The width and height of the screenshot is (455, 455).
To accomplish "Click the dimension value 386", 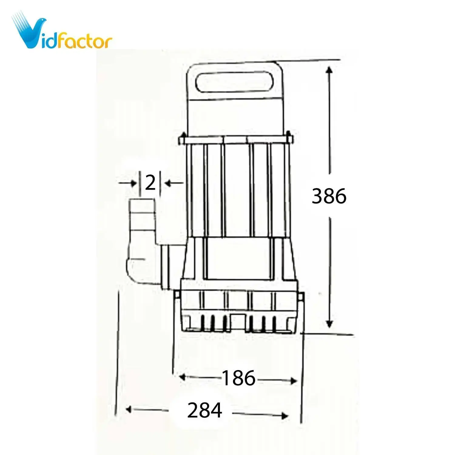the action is pyautogui.click(x=329, y=196).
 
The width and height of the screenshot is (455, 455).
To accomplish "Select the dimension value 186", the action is pyautogui.click(x=239, y=378).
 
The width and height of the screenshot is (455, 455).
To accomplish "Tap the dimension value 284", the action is pyautogui.click(x=204, y=410).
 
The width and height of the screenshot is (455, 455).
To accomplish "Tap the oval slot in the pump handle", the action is pyautogui.click(x=234, y=81).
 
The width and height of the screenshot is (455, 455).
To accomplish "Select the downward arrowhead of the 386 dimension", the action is pyautogui.click(x=329, y=324).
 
